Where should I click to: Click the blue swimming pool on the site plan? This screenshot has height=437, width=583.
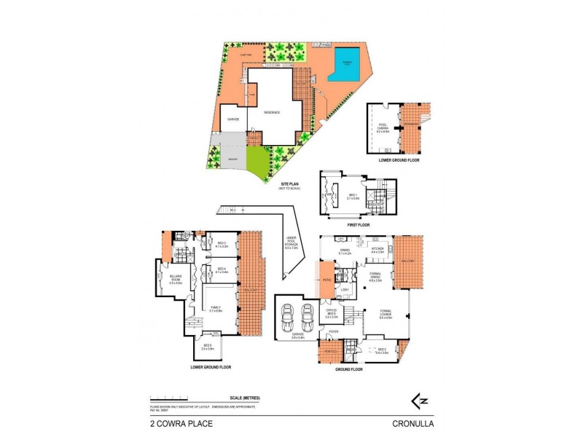(349, 64)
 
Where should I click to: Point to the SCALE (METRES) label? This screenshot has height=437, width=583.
(244, 397)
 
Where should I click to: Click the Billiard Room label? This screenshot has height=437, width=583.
(175, 280)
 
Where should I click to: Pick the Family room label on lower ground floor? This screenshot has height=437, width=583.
(216, 310)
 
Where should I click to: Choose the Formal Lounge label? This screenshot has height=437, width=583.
(386, 315)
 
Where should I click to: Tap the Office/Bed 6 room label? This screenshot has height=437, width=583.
(331, 315)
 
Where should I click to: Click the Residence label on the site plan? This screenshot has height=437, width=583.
(272, 112)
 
